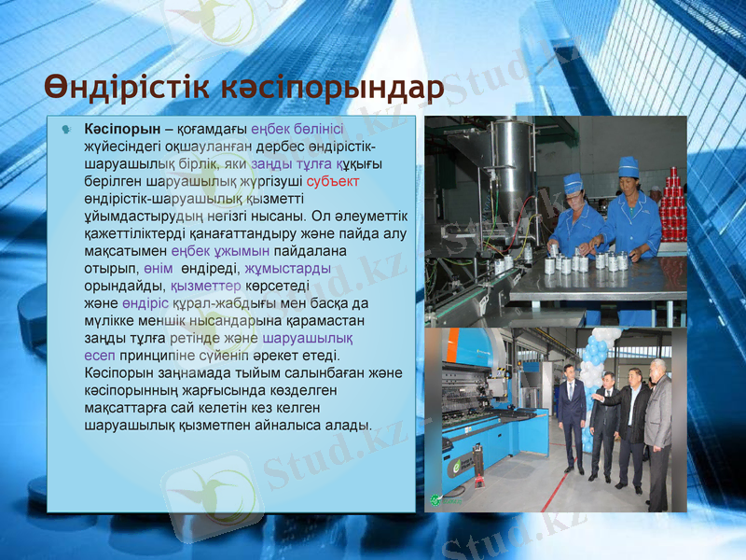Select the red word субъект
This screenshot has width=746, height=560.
point(333,181)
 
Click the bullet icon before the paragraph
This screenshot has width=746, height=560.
point(66,130)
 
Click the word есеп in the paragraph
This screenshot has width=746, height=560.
point(100,356)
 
